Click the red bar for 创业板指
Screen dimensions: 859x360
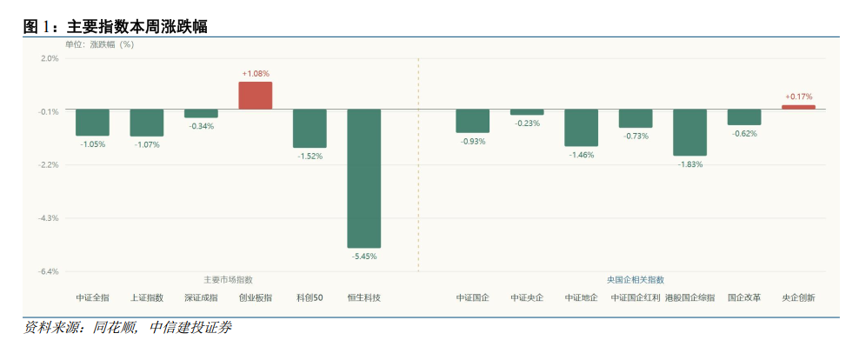(x=256, y=96)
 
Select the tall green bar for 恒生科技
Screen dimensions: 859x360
(x=363, y=178)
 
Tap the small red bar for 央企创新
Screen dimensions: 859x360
(x=798, y=108)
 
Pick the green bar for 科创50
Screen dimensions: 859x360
(x=310, y=129)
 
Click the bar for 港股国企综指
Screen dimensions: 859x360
(x=689, y=132)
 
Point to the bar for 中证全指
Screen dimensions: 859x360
(x=92, y=123)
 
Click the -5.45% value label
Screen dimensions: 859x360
(x=363, y=257)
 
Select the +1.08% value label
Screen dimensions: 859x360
(x=256, y=73)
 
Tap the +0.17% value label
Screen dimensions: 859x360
(x=799, y=97)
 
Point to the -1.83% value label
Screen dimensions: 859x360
(x=690, y=164)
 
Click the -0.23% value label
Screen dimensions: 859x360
(x=527, y=123)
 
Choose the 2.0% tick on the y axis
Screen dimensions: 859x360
(x=50, y=58)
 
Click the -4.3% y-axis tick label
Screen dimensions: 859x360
(x=49, y=218)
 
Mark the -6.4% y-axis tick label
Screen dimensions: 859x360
(x=49, y=271)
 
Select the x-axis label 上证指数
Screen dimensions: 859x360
(x=147, y=298)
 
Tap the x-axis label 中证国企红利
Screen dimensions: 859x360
(x=636, y=298)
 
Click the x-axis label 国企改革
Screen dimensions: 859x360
(x=744, y=298)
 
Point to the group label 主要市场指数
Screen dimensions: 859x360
(x=229, y=279)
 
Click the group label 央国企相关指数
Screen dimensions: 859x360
(x=636, y=279)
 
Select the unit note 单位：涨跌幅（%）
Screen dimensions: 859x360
(x=100, y=45)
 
